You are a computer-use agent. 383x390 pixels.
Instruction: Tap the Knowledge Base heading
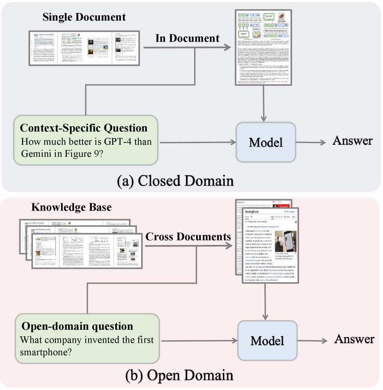[72, 207]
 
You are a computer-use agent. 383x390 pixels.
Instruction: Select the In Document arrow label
[187, 38]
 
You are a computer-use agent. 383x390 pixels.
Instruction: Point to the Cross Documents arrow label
[188, 236]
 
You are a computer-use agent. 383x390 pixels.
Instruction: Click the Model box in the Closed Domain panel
[266, 143]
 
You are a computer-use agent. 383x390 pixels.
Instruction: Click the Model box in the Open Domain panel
[266, 340]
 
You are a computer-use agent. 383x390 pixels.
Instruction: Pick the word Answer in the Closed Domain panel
[352, 141]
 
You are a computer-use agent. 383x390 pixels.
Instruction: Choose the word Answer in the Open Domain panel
[354, 339]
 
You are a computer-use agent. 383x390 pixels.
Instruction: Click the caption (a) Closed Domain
[175, 180]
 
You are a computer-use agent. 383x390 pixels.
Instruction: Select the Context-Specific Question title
[84, 129]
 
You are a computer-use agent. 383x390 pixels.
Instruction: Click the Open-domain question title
[76, 327]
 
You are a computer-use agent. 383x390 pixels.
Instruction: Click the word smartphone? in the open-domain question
[46, 352]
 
